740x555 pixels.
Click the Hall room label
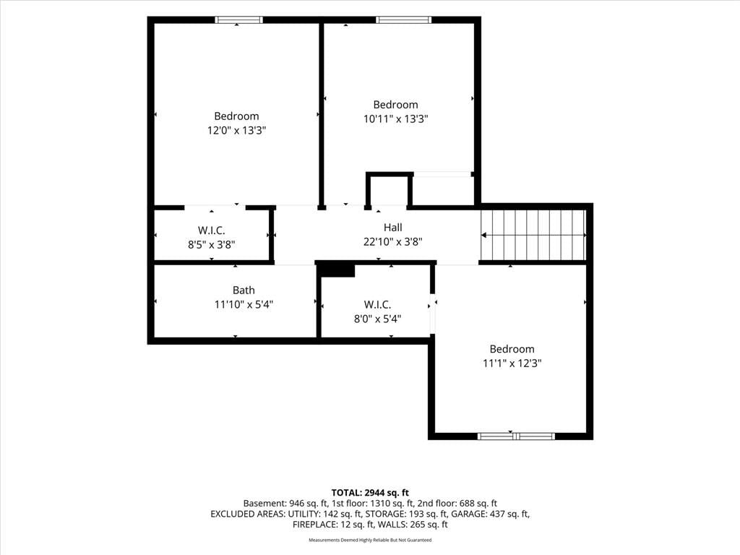point(392,228)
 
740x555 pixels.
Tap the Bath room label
point(244,291)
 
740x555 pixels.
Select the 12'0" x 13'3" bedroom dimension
point(236,130)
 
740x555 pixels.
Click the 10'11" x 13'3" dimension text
point(395,119)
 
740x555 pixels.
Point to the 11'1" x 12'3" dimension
point(512,363)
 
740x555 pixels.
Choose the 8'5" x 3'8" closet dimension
point(212,244)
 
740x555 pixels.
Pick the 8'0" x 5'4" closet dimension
point(377,319)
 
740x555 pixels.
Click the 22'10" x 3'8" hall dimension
point(392,241)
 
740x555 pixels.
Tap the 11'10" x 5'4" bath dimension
point(244,304)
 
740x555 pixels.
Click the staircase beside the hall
point(533,235)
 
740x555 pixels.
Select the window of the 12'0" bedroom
point(238,20)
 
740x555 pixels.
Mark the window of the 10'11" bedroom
point(403,20)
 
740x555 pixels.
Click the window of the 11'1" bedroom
point(516,436)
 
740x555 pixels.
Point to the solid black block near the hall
point(337,270)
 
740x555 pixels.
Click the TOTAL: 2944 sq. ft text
point(370,493)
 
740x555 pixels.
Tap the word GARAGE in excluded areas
point(468,514)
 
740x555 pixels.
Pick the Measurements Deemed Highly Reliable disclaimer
point(370,540)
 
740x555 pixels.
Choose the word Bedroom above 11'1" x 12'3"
point(512,349)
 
